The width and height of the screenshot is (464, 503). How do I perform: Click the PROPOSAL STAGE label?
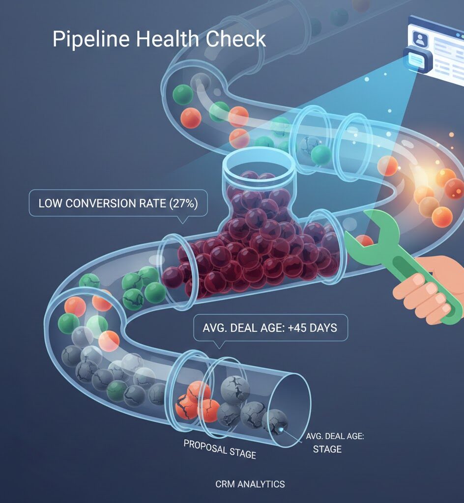tap(220, 448)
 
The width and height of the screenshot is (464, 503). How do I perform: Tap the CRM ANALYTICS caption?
tap(250, 484)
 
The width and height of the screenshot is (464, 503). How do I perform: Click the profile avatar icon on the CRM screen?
tap(420, 40)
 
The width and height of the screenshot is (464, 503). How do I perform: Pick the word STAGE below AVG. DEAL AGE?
tap(327, 449)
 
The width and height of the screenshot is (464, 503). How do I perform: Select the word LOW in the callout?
tap(49, 203)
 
